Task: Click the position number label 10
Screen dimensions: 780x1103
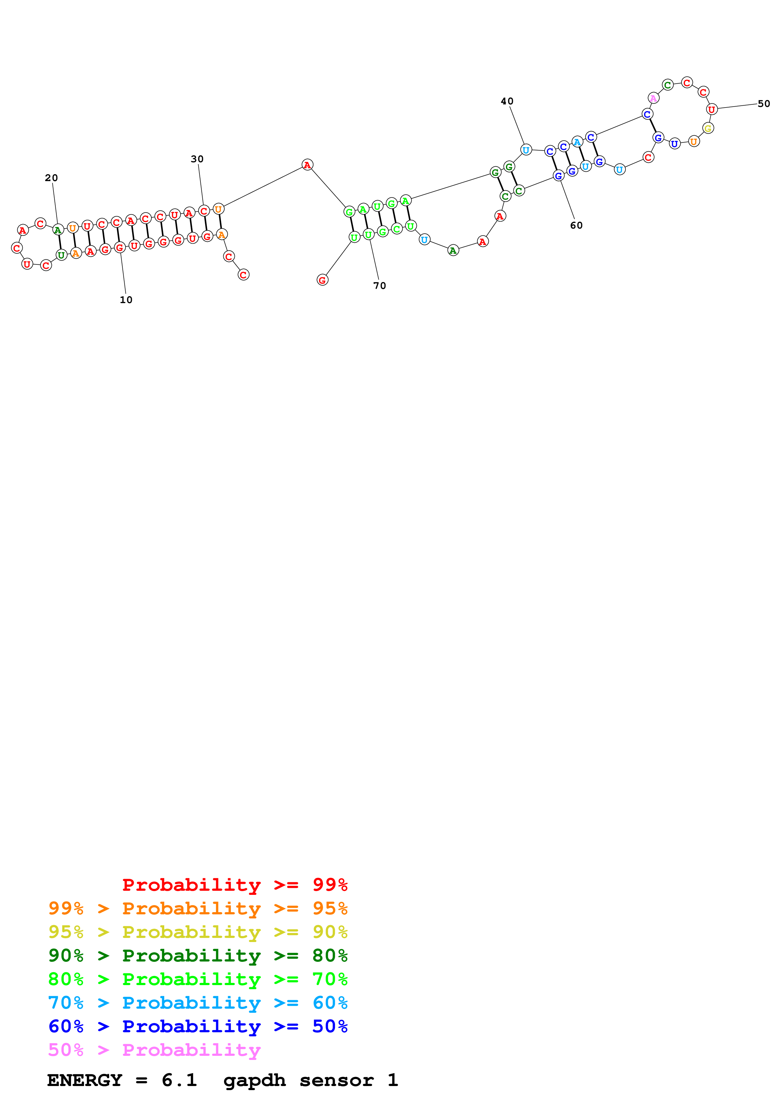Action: (x=126, y=300)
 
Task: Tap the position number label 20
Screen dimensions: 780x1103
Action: (x=51, y=178)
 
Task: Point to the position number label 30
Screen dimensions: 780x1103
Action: (x=197, y=159)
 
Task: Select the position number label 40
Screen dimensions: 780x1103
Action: (x=507, y=101)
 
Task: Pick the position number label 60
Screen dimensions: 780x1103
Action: (x=576, y=225)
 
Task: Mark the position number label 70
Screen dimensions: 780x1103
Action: (x=380, y=286)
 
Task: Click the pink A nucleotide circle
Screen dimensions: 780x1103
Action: (x=653, y=98)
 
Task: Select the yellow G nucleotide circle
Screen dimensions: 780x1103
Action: (x=708, y=128)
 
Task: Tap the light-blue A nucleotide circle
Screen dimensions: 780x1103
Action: (x=577, y=142)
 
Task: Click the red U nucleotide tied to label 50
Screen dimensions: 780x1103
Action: (x=712, y=109)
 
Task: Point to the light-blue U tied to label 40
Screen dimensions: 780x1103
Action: (x=526, y=150)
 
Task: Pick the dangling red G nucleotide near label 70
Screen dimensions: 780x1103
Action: (x=323, y=280)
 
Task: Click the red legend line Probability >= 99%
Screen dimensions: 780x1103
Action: (x=235, y=884)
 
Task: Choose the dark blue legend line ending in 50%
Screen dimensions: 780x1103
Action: (x=198, y=1026)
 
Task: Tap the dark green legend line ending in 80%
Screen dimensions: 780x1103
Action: (x=198, y=956)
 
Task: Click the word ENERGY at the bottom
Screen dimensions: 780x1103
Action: (x=85, y=1080)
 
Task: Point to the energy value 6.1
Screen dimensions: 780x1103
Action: (x=179, y=1080)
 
